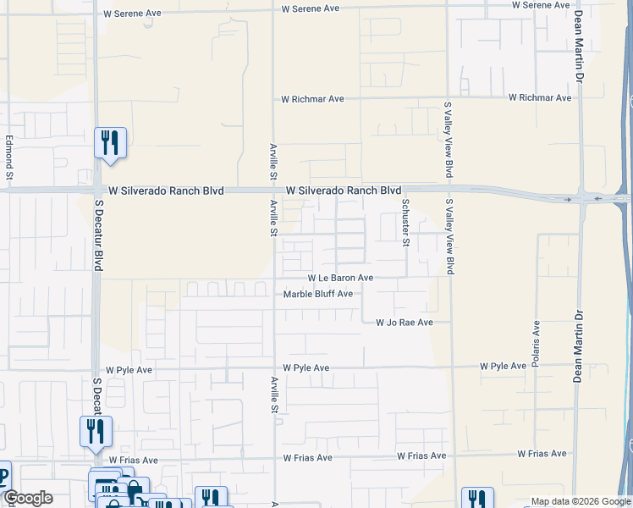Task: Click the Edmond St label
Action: point(9,158)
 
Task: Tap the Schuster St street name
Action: point(405,223)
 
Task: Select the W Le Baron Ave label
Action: point(340,278)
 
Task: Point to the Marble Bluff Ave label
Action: point(317,294)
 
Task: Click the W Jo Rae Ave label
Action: point(405,323)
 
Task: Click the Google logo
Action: point(28,498)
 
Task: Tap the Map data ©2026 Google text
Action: point(580,500)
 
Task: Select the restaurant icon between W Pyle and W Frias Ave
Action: point(96,431)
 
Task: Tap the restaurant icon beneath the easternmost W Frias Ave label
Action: point(477,500)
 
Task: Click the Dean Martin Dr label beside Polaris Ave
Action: point(579,346)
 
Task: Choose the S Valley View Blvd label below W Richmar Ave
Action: point(449,140)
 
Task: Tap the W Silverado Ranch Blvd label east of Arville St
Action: point(343,191)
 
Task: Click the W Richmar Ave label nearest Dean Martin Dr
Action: point(540,98)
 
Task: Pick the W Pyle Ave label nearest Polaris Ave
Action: point(504,367)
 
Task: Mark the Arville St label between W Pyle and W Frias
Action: point(274,395)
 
